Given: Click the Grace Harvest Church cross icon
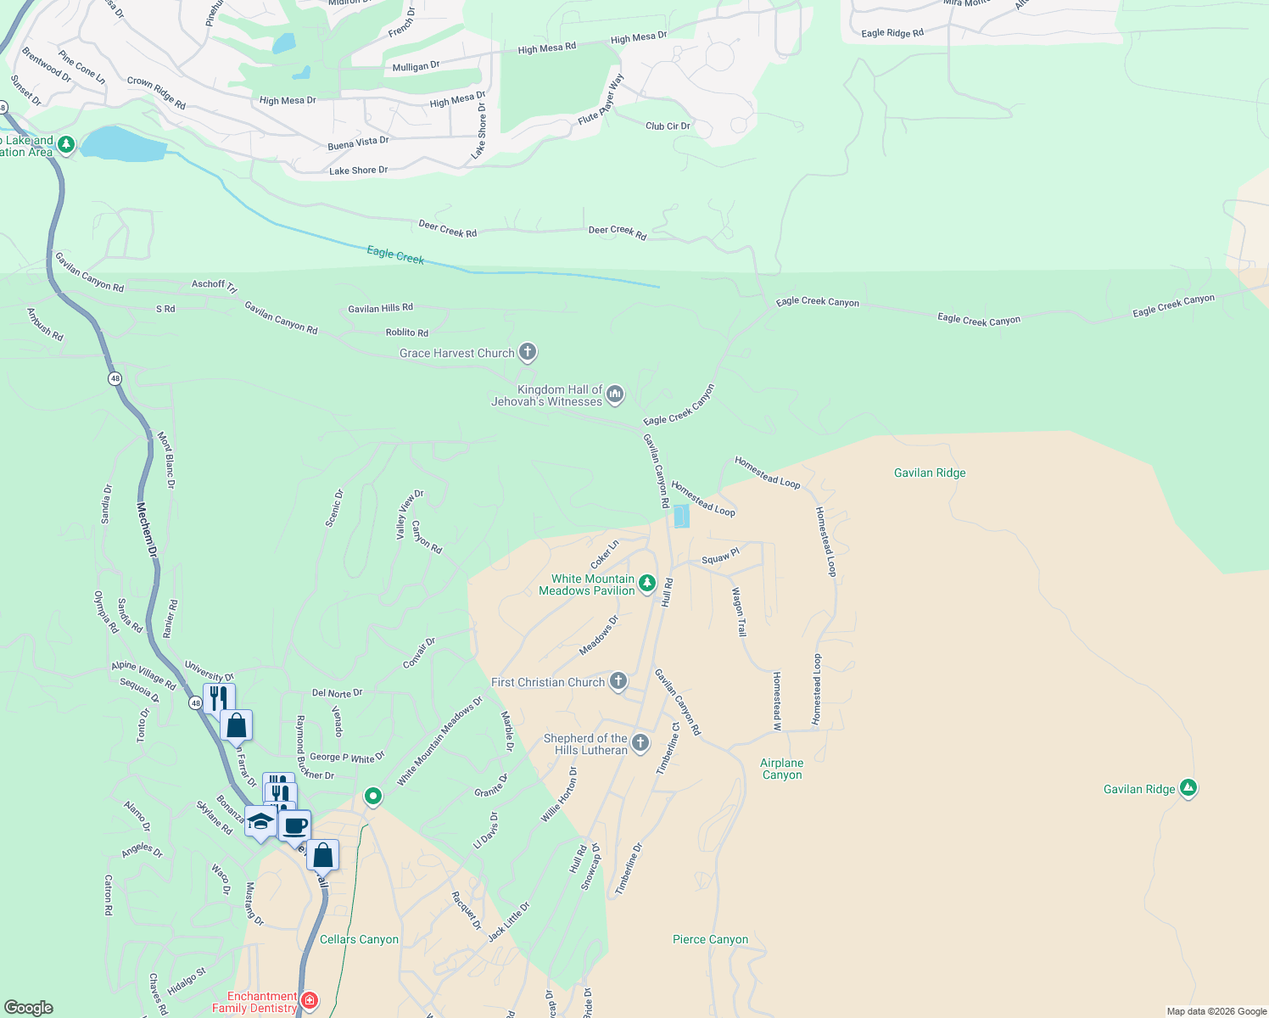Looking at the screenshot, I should click(x=527, y=352).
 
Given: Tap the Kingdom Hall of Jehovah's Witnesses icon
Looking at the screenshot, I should click(x=615, y=394).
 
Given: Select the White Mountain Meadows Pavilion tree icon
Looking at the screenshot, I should click(x=647, y=583).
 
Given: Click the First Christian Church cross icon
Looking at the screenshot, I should click(x=618, y=680).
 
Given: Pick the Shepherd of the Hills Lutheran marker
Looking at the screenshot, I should click(x=640, y=743).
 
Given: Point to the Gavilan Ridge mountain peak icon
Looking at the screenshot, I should click(x=1188, y=789).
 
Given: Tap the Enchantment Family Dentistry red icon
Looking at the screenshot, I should click(x=310, y=1001).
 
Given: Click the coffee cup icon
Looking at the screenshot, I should click(x=295, y=825).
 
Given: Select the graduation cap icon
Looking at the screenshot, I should click(x=260, y=822).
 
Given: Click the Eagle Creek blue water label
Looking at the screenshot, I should click(x=395, y=255).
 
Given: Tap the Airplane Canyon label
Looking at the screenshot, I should click(x=781, y=769).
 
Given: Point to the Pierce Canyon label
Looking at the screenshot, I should click(x=710, y=939).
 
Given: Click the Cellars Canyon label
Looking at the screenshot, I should click(x=359, y=939).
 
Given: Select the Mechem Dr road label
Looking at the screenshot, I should click(x=147, y=530).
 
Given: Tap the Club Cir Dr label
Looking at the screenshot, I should click(x=668, y=126).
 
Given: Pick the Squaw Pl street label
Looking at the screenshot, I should click(x=720, y=557).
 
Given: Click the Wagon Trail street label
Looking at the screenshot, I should click(x=739, y=612).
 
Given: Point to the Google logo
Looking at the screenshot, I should click(x=28, y=1008).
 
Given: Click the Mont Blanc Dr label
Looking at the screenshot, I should click(x=166, y=461).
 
